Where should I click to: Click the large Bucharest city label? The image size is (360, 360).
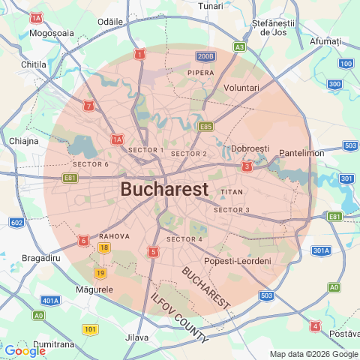(x=164, y=189)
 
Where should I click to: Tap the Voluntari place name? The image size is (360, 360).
(x=241, y=88)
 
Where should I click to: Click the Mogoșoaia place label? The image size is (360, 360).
(x=52, y=33)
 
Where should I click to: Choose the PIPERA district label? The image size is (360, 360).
(x=200, y=73)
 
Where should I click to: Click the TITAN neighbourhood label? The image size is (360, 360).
(x=232, y=193)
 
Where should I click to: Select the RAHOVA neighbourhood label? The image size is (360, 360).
(x=115, y=235)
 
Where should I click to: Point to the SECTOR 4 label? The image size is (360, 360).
(x=184, y=239)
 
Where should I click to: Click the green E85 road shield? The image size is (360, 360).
(x=205, y=127)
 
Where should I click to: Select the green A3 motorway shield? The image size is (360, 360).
(x=239, y=46)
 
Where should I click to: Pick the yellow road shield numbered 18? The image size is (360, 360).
(x=104, y=248)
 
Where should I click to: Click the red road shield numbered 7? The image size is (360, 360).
(x=89, y=106)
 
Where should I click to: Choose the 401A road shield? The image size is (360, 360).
(x=50, y=301)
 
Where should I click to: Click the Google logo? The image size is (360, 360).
(x=25, y=350)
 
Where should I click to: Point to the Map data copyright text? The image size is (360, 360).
(x=313, y=354)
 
